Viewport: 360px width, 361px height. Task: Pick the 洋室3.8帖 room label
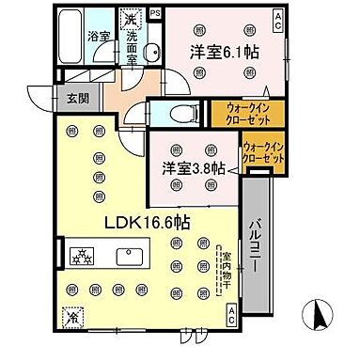[x=191, y=168]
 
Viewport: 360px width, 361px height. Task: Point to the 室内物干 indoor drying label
[x=223, y=267]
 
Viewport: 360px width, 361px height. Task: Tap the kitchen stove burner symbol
[x=81, y=255]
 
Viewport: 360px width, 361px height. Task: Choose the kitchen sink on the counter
[x=126, y=255]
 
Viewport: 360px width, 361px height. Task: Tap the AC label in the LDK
[x=231, y=318]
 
